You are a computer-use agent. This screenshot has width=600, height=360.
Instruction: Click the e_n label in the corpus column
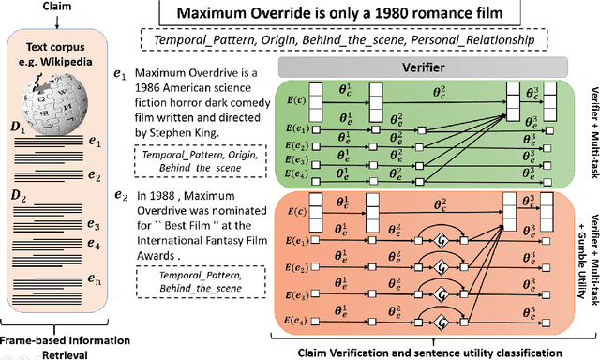point(91,305)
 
